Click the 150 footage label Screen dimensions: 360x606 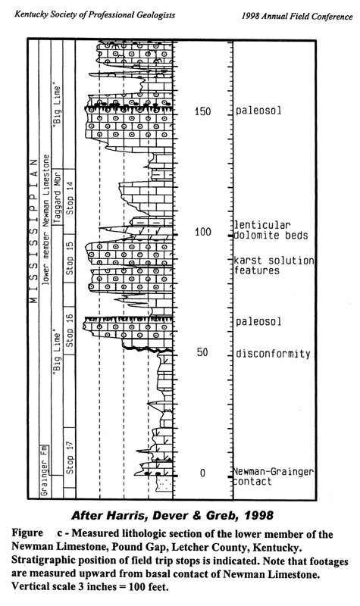coord(202,111)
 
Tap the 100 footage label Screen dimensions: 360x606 coord(202,232)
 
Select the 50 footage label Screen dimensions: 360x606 coord(202,352)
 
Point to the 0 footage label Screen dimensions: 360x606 coord(202,473)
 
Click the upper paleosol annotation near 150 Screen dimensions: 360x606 coord(258,111)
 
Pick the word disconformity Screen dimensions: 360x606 coord(273,354)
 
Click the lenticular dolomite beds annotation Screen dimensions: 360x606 coord(271,230)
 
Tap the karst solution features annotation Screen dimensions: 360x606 coord(274,265)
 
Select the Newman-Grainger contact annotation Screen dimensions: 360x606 coord(273,476)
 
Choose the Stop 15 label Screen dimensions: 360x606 coord(70,258)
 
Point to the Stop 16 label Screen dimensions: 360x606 coord(70,330)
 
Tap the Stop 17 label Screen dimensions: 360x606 coord(70,458)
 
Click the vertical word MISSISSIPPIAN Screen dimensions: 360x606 coord(34,230)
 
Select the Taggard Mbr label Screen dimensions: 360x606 coord(58,197)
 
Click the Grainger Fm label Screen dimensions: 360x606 coord(44,470)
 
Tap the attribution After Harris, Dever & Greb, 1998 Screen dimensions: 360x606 coord(173,515)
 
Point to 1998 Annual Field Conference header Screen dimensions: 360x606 coord(297,16)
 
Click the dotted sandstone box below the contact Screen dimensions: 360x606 coord(164,483)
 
